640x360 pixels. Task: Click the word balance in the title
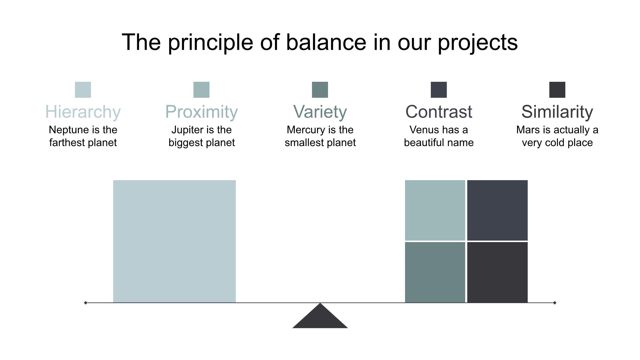326,42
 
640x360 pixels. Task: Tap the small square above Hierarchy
83,90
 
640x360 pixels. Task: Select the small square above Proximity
201,90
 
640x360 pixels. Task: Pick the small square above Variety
320,90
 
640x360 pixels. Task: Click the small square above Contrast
439,90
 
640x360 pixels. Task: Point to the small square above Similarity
557,90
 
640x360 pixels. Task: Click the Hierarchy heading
83,112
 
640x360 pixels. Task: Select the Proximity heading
201,112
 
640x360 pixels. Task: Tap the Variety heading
320,112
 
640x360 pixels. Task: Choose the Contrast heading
439,112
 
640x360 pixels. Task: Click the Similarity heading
557,112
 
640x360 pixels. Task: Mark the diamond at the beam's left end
86,303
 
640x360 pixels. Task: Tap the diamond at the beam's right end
555,303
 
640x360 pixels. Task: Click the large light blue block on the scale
175,241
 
